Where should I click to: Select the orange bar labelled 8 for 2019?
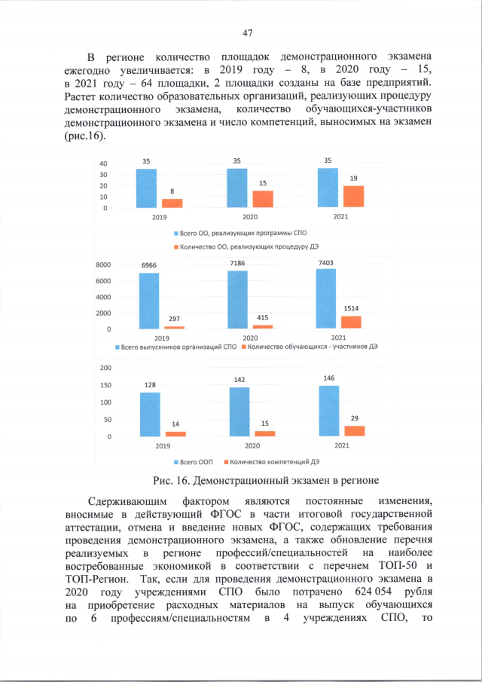[172, 203]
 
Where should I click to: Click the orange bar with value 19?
[354, 196]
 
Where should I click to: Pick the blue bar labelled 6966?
[149, 301]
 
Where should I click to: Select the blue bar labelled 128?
[150, 414]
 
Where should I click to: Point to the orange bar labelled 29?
[354, 430]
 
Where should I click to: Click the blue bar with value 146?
[329, 411]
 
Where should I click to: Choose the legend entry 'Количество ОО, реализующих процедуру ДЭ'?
[243, 247]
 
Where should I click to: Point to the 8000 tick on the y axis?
[102, 265]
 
